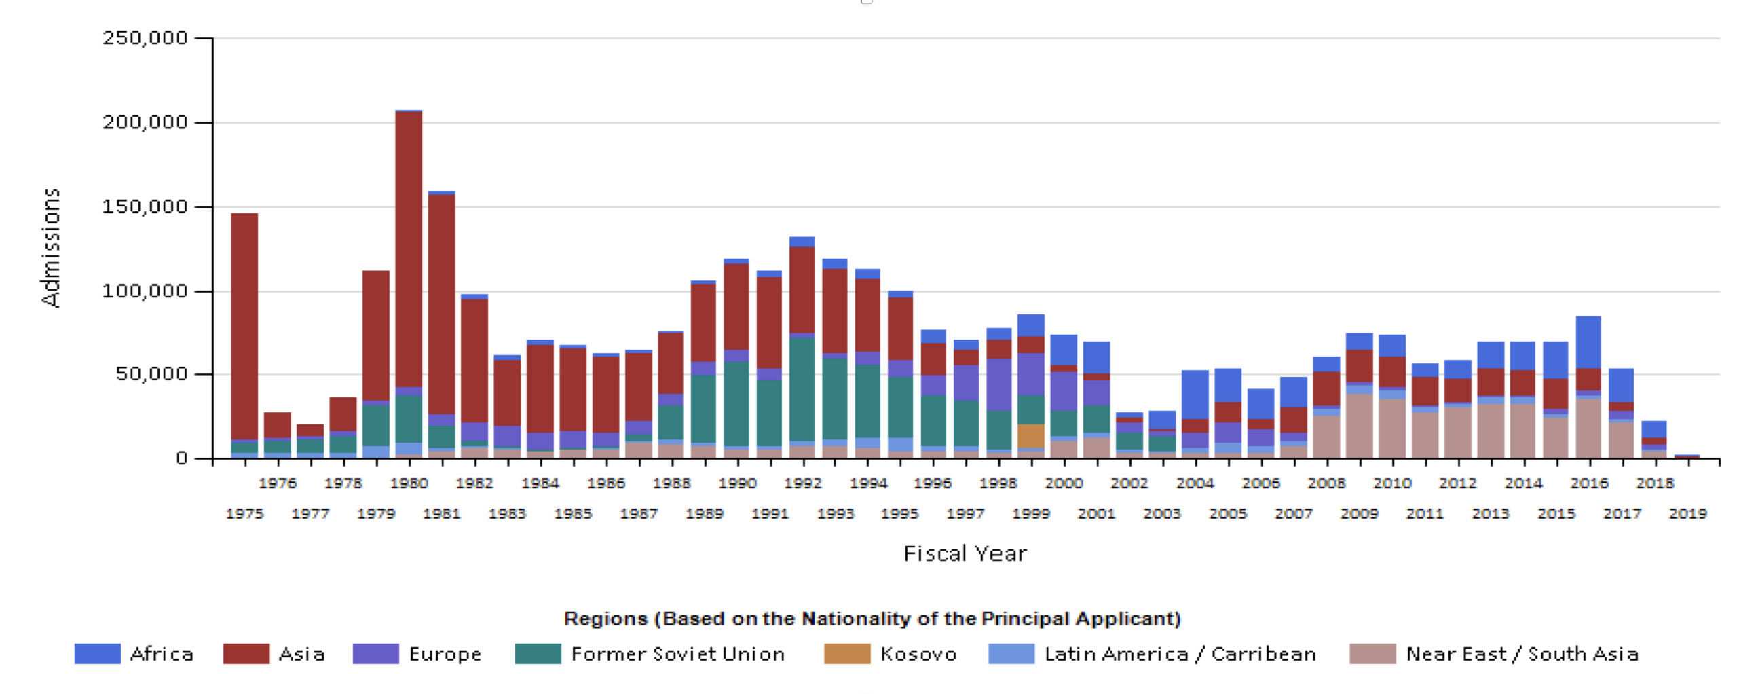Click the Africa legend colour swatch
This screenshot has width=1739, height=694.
[97, 654]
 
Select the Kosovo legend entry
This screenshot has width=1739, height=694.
[918, 654]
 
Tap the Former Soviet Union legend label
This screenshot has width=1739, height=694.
[677, 654]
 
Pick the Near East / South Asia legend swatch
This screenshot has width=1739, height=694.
[1372, 654]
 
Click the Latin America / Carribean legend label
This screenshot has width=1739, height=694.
[1180, 654]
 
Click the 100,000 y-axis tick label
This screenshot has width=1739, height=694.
[145, 291]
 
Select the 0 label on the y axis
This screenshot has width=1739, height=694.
[181, 459]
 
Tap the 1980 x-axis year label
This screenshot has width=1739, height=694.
[409, 483]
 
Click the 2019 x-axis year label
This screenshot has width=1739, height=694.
[1687, 514]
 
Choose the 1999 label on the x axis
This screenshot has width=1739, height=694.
[1031, 514]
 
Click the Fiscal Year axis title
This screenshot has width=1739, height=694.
[965, 554]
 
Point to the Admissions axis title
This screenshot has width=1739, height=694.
[51, 248]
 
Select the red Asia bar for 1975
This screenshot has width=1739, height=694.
[244, 326]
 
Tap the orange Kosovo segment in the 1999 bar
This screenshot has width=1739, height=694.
[1030, 436]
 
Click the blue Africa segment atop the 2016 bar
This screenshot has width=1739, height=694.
[1588, 342]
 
